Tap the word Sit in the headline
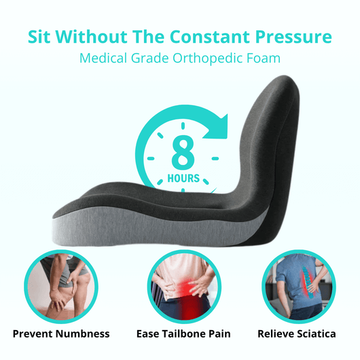click(43, 37)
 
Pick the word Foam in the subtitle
click(264, 58)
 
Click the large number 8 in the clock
click(182, 154)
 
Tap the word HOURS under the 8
click(183, 179)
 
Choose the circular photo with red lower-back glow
click(181, 285)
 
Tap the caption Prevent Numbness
click(61, 334)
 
